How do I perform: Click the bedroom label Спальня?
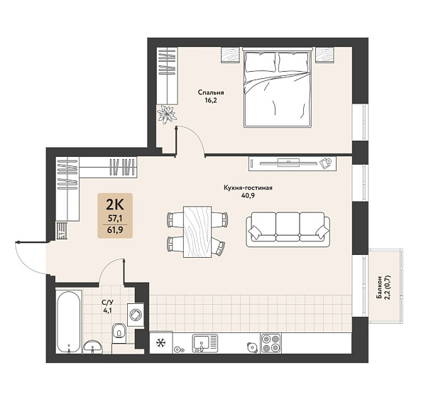point(211,92)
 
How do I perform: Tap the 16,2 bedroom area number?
point(211,101)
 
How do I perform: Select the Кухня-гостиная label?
point(248,187)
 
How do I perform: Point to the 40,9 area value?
point(248,195)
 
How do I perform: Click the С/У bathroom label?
point(106,302)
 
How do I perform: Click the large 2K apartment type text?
point(115,205)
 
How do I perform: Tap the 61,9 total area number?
point(115,230)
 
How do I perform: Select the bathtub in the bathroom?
point(69,322)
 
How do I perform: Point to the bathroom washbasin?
point(92,347)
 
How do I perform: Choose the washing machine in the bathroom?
point(136,315)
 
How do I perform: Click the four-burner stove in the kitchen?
point(271,344)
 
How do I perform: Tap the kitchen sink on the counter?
point(205,344)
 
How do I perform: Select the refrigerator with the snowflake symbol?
point(161,342)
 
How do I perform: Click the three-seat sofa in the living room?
point(288,229)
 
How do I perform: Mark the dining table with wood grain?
point(197,232)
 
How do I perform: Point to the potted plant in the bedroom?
point(167,114)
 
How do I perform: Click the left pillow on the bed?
point(260,62)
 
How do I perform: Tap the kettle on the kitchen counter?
point(252,347)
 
